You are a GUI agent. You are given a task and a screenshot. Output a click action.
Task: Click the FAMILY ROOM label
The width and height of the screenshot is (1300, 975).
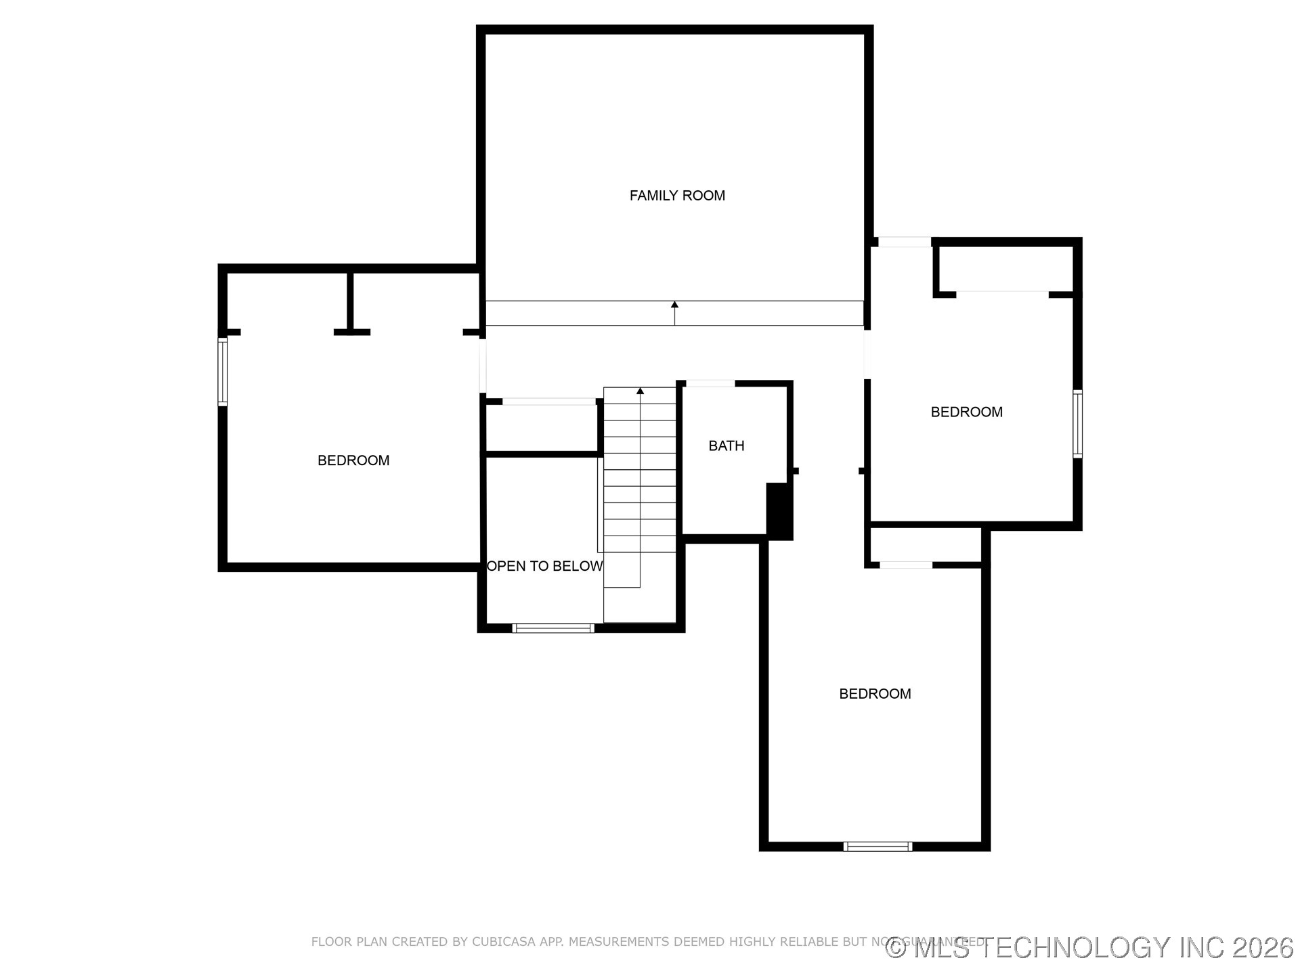(x=677, y=196)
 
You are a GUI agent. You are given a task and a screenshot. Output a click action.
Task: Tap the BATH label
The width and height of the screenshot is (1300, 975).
(x=726, y=446)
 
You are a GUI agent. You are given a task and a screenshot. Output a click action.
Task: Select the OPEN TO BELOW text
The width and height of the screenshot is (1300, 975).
(x=544, y=566)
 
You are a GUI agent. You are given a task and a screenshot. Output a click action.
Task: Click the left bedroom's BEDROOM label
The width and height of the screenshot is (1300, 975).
(x=353, y=460)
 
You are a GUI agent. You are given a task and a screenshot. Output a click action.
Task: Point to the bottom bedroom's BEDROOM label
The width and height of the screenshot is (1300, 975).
(x=875, y=693)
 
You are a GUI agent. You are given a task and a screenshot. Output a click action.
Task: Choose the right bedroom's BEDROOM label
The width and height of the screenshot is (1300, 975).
(x=966, y=412)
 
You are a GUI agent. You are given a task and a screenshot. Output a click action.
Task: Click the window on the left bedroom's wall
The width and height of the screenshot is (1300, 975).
(x=222, y=372)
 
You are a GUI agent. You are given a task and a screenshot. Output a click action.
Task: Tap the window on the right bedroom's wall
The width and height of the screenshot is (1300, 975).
(x=1077, y=424)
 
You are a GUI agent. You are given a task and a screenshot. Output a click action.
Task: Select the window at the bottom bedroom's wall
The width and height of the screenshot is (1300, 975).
(x=877, y=846)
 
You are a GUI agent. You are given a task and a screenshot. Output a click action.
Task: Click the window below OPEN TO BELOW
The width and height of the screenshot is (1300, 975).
(x=553, y=628)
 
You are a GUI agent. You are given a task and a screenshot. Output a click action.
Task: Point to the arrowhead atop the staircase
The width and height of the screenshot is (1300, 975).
(x=640, y=391)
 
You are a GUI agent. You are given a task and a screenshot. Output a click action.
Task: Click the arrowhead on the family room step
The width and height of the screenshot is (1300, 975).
(x=674, y=305)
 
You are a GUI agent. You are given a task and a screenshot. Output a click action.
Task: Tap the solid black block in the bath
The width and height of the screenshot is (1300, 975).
(x=779, y=511)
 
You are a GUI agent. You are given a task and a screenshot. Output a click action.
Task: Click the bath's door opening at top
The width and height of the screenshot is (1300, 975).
(x=710, y=384)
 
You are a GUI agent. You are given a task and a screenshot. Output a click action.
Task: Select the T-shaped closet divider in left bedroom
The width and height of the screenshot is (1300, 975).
(x=351, y=305)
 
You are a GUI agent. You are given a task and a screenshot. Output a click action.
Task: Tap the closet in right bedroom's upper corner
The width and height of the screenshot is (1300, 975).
(x=1005, y=269)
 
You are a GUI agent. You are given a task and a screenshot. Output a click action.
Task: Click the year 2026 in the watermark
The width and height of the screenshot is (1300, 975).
(x=1262, y=948)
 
